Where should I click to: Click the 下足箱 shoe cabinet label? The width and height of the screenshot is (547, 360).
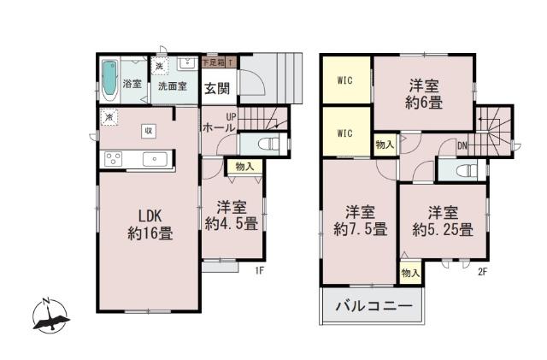click(212, 62)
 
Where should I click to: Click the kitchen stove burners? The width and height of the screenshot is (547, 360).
click(113, 157)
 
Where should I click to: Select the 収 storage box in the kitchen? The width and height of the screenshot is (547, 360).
click(148, 130)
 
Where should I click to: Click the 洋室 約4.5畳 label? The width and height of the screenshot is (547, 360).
click(231, 215)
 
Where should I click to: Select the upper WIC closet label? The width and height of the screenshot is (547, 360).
click(345, 82)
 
